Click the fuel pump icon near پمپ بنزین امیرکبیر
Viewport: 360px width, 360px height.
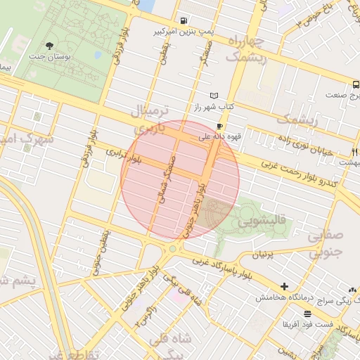click(184, 20)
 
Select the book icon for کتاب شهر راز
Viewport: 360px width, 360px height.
click(214, 96)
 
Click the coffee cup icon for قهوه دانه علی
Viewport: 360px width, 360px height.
click(220, 127)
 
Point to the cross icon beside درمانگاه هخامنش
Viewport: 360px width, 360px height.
click(284, 286)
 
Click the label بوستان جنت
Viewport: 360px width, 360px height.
click(48, 56)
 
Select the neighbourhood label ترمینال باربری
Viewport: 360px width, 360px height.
click(148, 120)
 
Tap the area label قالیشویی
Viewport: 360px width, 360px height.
click(262, 221)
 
